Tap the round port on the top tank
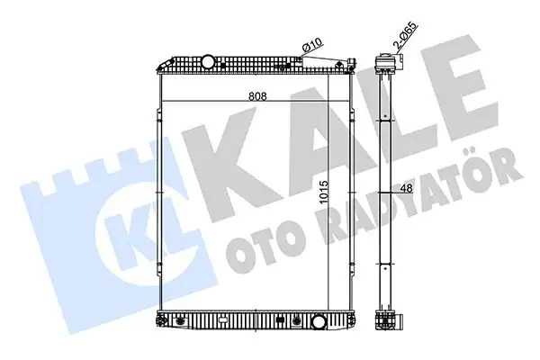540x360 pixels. point(208,61)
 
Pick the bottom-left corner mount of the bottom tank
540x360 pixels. point(163,319)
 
